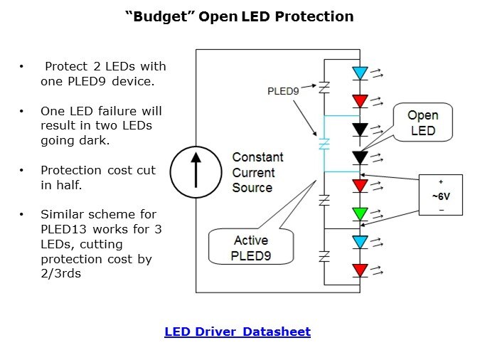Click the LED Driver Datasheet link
pos(238,332)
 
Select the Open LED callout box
pos(422,122)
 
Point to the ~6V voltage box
pos(441,194)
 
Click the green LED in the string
pos(361,213)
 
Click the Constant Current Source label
pos(257,172)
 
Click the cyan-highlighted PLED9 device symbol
pos(324,144)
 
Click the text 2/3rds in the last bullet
pos(60,274)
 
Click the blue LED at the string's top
pos(361,73)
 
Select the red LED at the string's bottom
pos(361,270)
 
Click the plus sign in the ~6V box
pos(441,182)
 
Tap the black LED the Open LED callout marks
pos(361,157)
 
